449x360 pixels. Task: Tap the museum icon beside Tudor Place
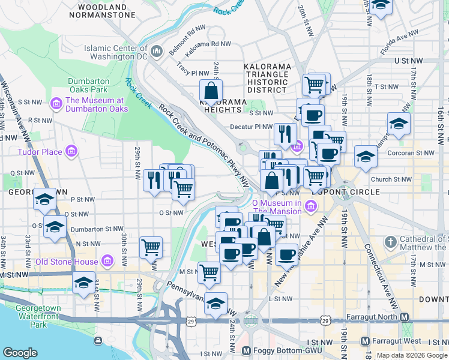(x=71, y=152)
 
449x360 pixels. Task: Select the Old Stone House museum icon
(x=107, y=261)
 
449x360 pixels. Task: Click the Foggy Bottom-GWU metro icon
(x=246, y=350)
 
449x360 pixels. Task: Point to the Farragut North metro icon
(x=405, y=317)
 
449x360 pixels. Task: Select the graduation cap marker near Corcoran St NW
(x=366, y=157)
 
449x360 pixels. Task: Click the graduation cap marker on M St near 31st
(x=83, y=283)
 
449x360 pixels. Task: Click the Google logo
(x=19, y=353)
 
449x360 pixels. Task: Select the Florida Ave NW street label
(x=399, y=45)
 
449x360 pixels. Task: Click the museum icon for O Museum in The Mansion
(x=310, y=207)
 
